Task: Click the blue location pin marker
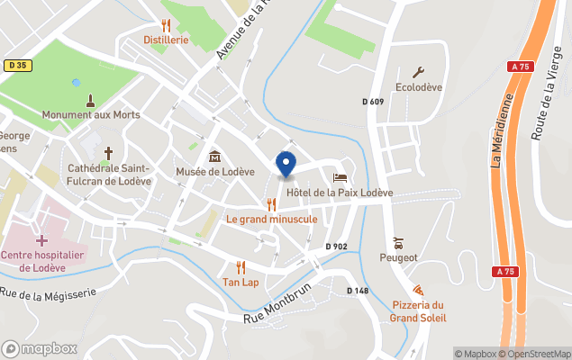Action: click(x=286, y=164)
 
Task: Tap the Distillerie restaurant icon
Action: click(x=166, y=25)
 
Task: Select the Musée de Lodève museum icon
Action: click(x=214, y=157)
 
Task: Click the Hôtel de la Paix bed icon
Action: click(x=340, y=177)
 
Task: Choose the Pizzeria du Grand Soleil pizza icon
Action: click(x=418, y=290)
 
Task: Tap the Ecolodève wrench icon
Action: click(x=418, y=73)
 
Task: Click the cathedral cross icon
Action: click(x=110, y=153)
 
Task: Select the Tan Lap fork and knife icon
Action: click(x=241, y=267)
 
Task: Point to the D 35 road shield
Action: click(x=16, y=65)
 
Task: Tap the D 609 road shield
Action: click(x=373, y=102)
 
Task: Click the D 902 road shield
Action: click(x=336, y=246)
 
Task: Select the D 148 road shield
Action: click(x=358, y=290)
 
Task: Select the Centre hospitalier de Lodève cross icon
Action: click(x=41, y=240)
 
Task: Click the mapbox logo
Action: click(x=39, y=348)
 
